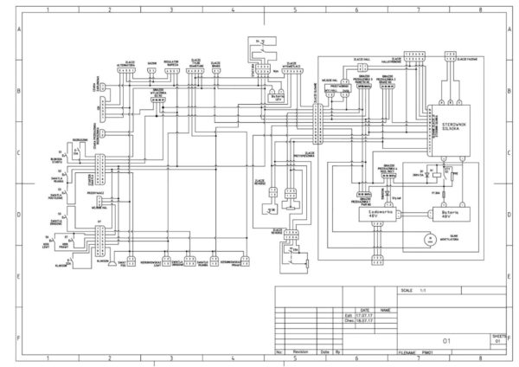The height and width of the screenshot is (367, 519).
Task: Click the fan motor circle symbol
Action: pos(424,235)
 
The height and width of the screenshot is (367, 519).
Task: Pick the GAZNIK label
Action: pos(151,63)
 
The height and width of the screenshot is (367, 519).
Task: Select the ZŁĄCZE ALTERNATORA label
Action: pos(130,63)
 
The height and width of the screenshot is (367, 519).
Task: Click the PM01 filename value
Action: pos(426,353)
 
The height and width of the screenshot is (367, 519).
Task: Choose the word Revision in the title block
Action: pos(299,353)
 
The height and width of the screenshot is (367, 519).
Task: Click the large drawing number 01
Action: pos(446,341)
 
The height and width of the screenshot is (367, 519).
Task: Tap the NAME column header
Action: pos(385,309)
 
